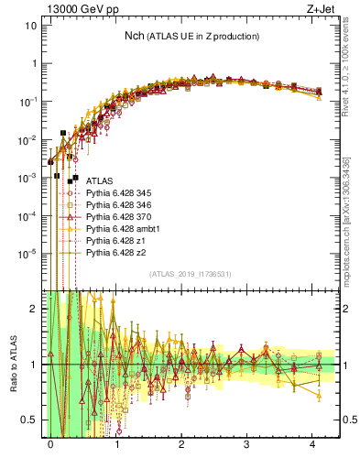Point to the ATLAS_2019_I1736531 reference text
coord(190,275)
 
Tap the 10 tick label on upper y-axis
coord(30,26)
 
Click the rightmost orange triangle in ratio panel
coord(318,396)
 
